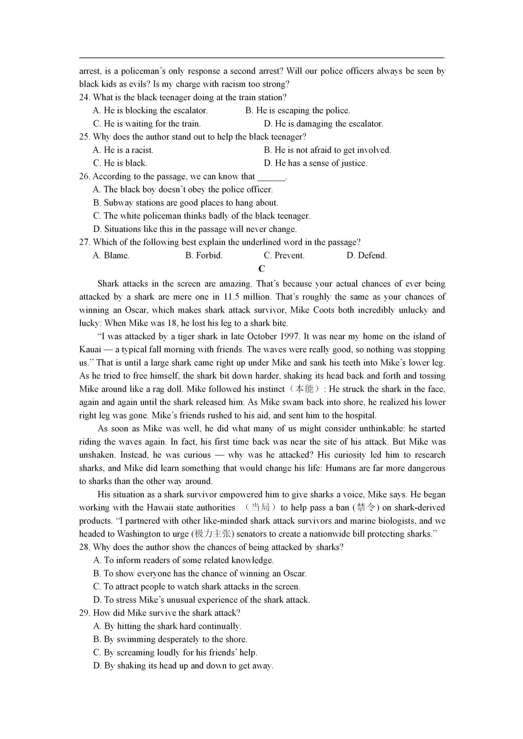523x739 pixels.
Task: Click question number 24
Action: (x=84, y=97)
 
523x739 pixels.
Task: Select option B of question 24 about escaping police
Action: (x=297, y=111)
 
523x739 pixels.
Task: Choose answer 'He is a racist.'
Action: (x=123, y=150)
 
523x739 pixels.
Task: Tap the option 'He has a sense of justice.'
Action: (x=315, y=163)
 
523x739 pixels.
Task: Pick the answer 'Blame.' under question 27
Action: (x=111, y=256)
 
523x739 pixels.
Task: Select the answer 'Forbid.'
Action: (x=204, y=256)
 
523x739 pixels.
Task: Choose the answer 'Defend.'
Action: (x=367, y=256)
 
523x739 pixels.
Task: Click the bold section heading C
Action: (x=262, y=269)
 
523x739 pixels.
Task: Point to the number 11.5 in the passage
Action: (x=231, y=297)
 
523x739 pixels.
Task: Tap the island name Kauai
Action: (x=90, y=350)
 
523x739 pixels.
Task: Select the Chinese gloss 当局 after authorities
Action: (x=261, y=508)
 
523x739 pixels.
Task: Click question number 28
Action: (x=84, y=547)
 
